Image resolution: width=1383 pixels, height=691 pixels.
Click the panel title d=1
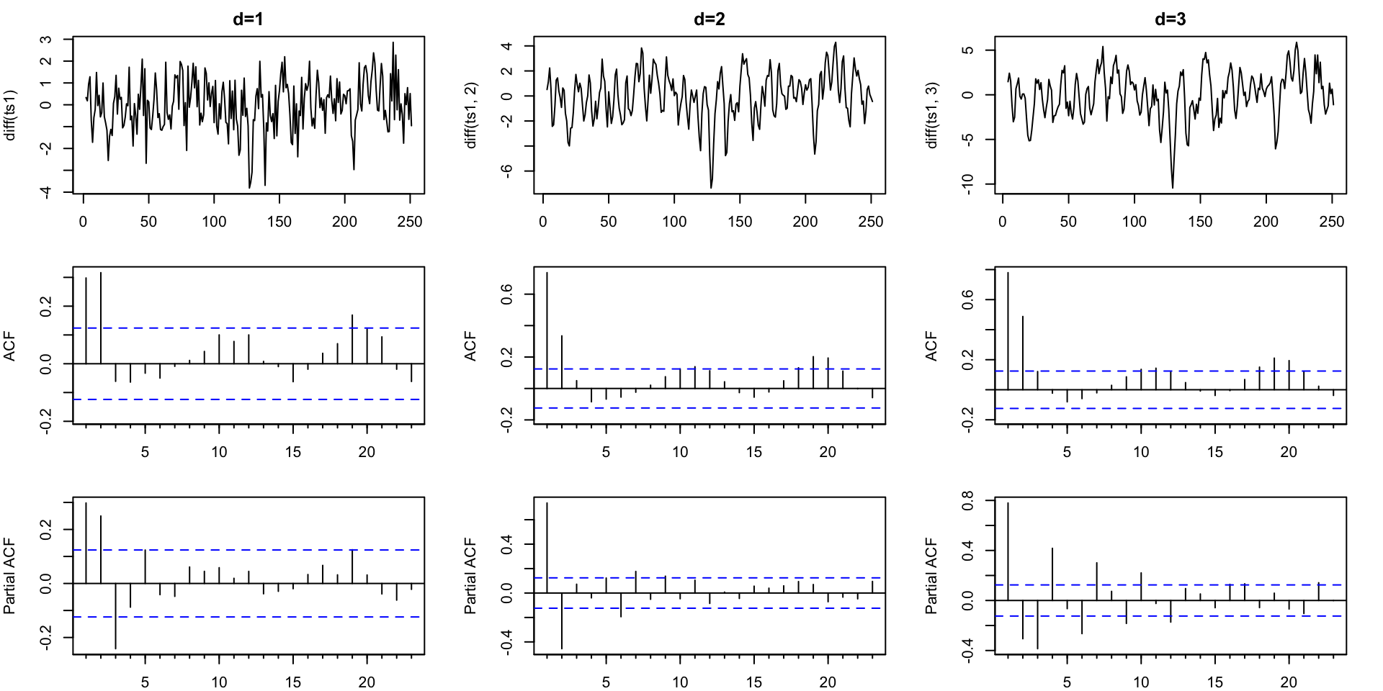tap(248, 19)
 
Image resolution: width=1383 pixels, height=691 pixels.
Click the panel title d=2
tap(709, 19)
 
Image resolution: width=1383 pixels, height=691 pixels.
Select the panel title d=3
tap(1170, 19)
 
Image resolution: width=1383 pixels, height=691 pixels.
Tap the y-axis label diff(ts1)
tap(10, 115)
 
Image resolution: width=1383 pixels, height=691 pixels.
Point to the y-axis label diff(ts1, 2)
tap(471, 115)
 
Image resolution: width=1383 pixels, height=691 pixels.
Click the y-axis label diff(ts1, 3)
tap(932, 115)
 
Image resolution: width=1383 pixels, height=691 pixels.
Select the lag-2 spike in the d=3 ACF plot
tap(1023, 353)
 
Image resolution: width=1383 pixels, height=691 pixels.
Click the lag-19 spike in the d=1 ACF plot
tap(352, 339)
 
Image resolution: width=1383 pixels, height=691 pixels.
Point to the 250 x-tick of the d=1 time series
tap(410, 222)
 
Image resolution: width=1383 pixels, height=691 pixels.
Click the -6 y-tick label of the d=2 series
tap(507, 171)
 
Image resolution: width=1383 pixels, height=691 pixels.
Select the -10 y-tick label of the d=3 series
tap(968, 184)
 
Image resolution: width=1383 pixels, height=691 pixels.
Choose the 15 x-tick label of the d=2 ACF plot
tap(754, 452)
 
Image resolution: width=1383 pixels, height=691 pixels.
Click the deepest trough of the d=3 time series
tap(1173, 187)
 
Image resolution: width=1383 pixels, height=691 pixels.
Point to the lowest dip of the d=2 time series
tap(711, 187)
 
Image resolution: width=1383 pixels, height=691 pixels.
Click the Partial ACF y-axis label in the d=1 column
tap(10, 576)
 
